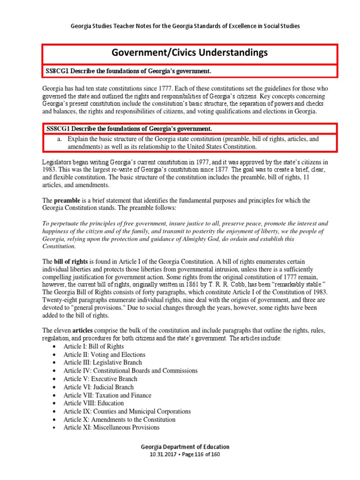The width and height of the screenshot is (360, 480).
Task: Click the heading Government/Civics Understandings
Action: click(x=189, y=52)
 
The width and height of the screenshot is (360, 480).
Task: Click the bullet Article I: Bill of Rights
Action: click(x=94, y=346)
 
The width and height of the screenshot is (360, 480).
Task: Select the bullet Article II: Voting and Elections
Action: click(x=105, y=354)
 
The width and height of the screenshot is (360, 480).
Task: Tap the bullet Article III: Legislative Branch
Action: click(x=103, y=362)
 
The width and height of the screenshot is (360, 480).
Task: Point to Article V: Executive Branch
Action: click(x=100, y=379)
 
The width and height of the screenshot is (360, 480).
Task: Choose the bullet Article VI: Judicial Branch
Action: click(x=98, y=387)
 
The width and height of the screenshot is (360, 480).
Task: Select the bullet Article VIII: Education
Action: click(x=94, y=403)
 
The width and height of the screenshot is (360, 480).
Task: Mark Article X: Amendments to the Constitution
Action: click(x=120, y=420)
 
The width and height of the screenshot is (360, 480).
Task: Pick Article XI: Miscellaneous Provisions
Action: click(x=112, y=427)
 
